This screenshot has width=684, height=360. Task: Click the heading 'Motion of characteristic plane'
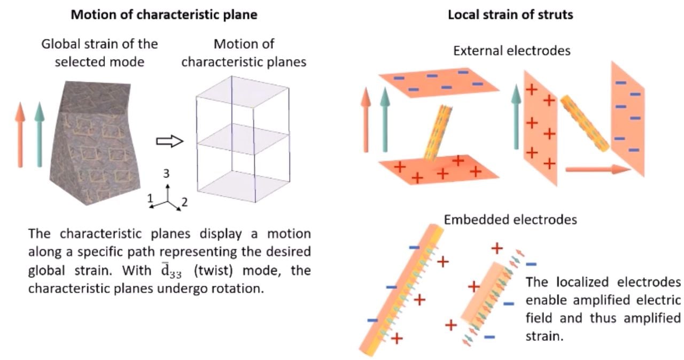165,14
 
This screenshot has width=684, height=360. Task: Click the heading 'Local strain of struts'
510,14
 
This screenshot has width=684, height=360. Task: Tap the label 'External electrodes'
511,51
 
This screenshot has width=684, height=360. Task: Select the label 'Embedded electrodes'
510,219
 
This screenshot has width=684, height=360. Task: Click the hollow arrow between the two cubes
169,141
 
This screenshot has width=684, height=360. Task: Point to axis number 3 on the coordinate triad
166,174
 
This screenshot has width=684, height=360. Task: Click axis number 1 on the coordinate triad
150,198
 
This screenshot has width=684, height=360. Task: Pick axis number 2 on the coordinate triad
184,202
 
